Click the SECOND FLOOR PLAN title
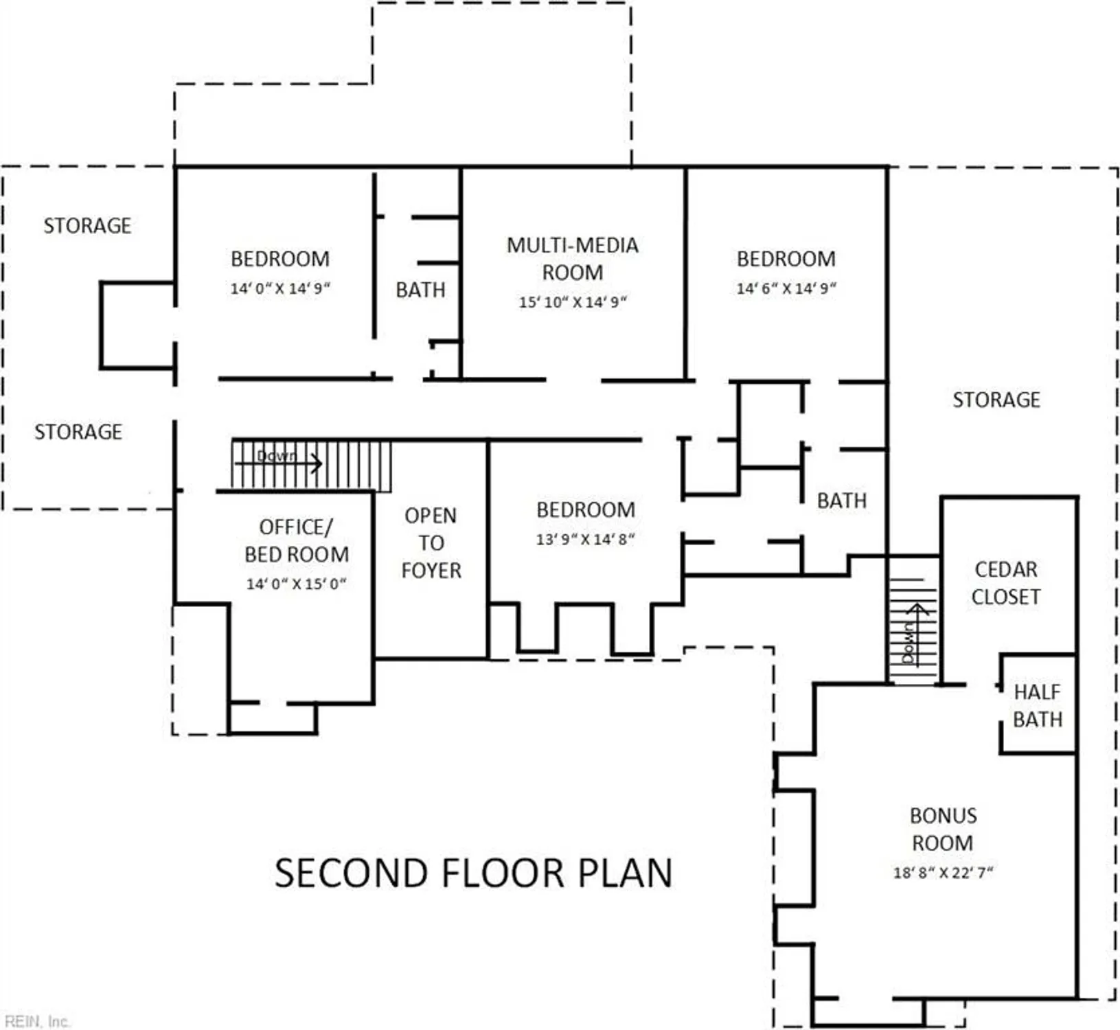(473, 873)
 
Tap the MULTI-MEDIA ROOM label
(572, 259)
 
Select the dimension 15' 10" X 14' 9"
(572, 302)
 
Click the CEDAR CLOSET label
(1005, 583)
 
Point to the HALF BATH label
(1037, 706)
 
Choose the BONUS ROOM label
(942, 829)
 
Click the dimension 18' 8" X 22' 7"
(942, 873)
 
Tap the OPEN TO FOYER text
(431, 542)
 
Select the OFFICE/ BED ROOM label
(296, 540)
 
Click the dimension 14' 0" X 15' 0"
(296, 584)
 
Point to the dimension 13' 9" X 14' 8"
(585, 540)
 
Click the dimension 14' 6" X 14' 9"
(786, 288)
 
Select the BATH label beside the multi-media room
(420, 290)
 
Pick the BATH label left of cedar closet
(841, 501)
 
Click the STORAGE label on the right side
(996, 400)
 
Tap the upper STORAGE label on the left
(87, 225)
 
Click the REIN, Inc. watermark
(36, 1021)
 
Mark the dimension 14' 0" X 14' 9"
(279, 288)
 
